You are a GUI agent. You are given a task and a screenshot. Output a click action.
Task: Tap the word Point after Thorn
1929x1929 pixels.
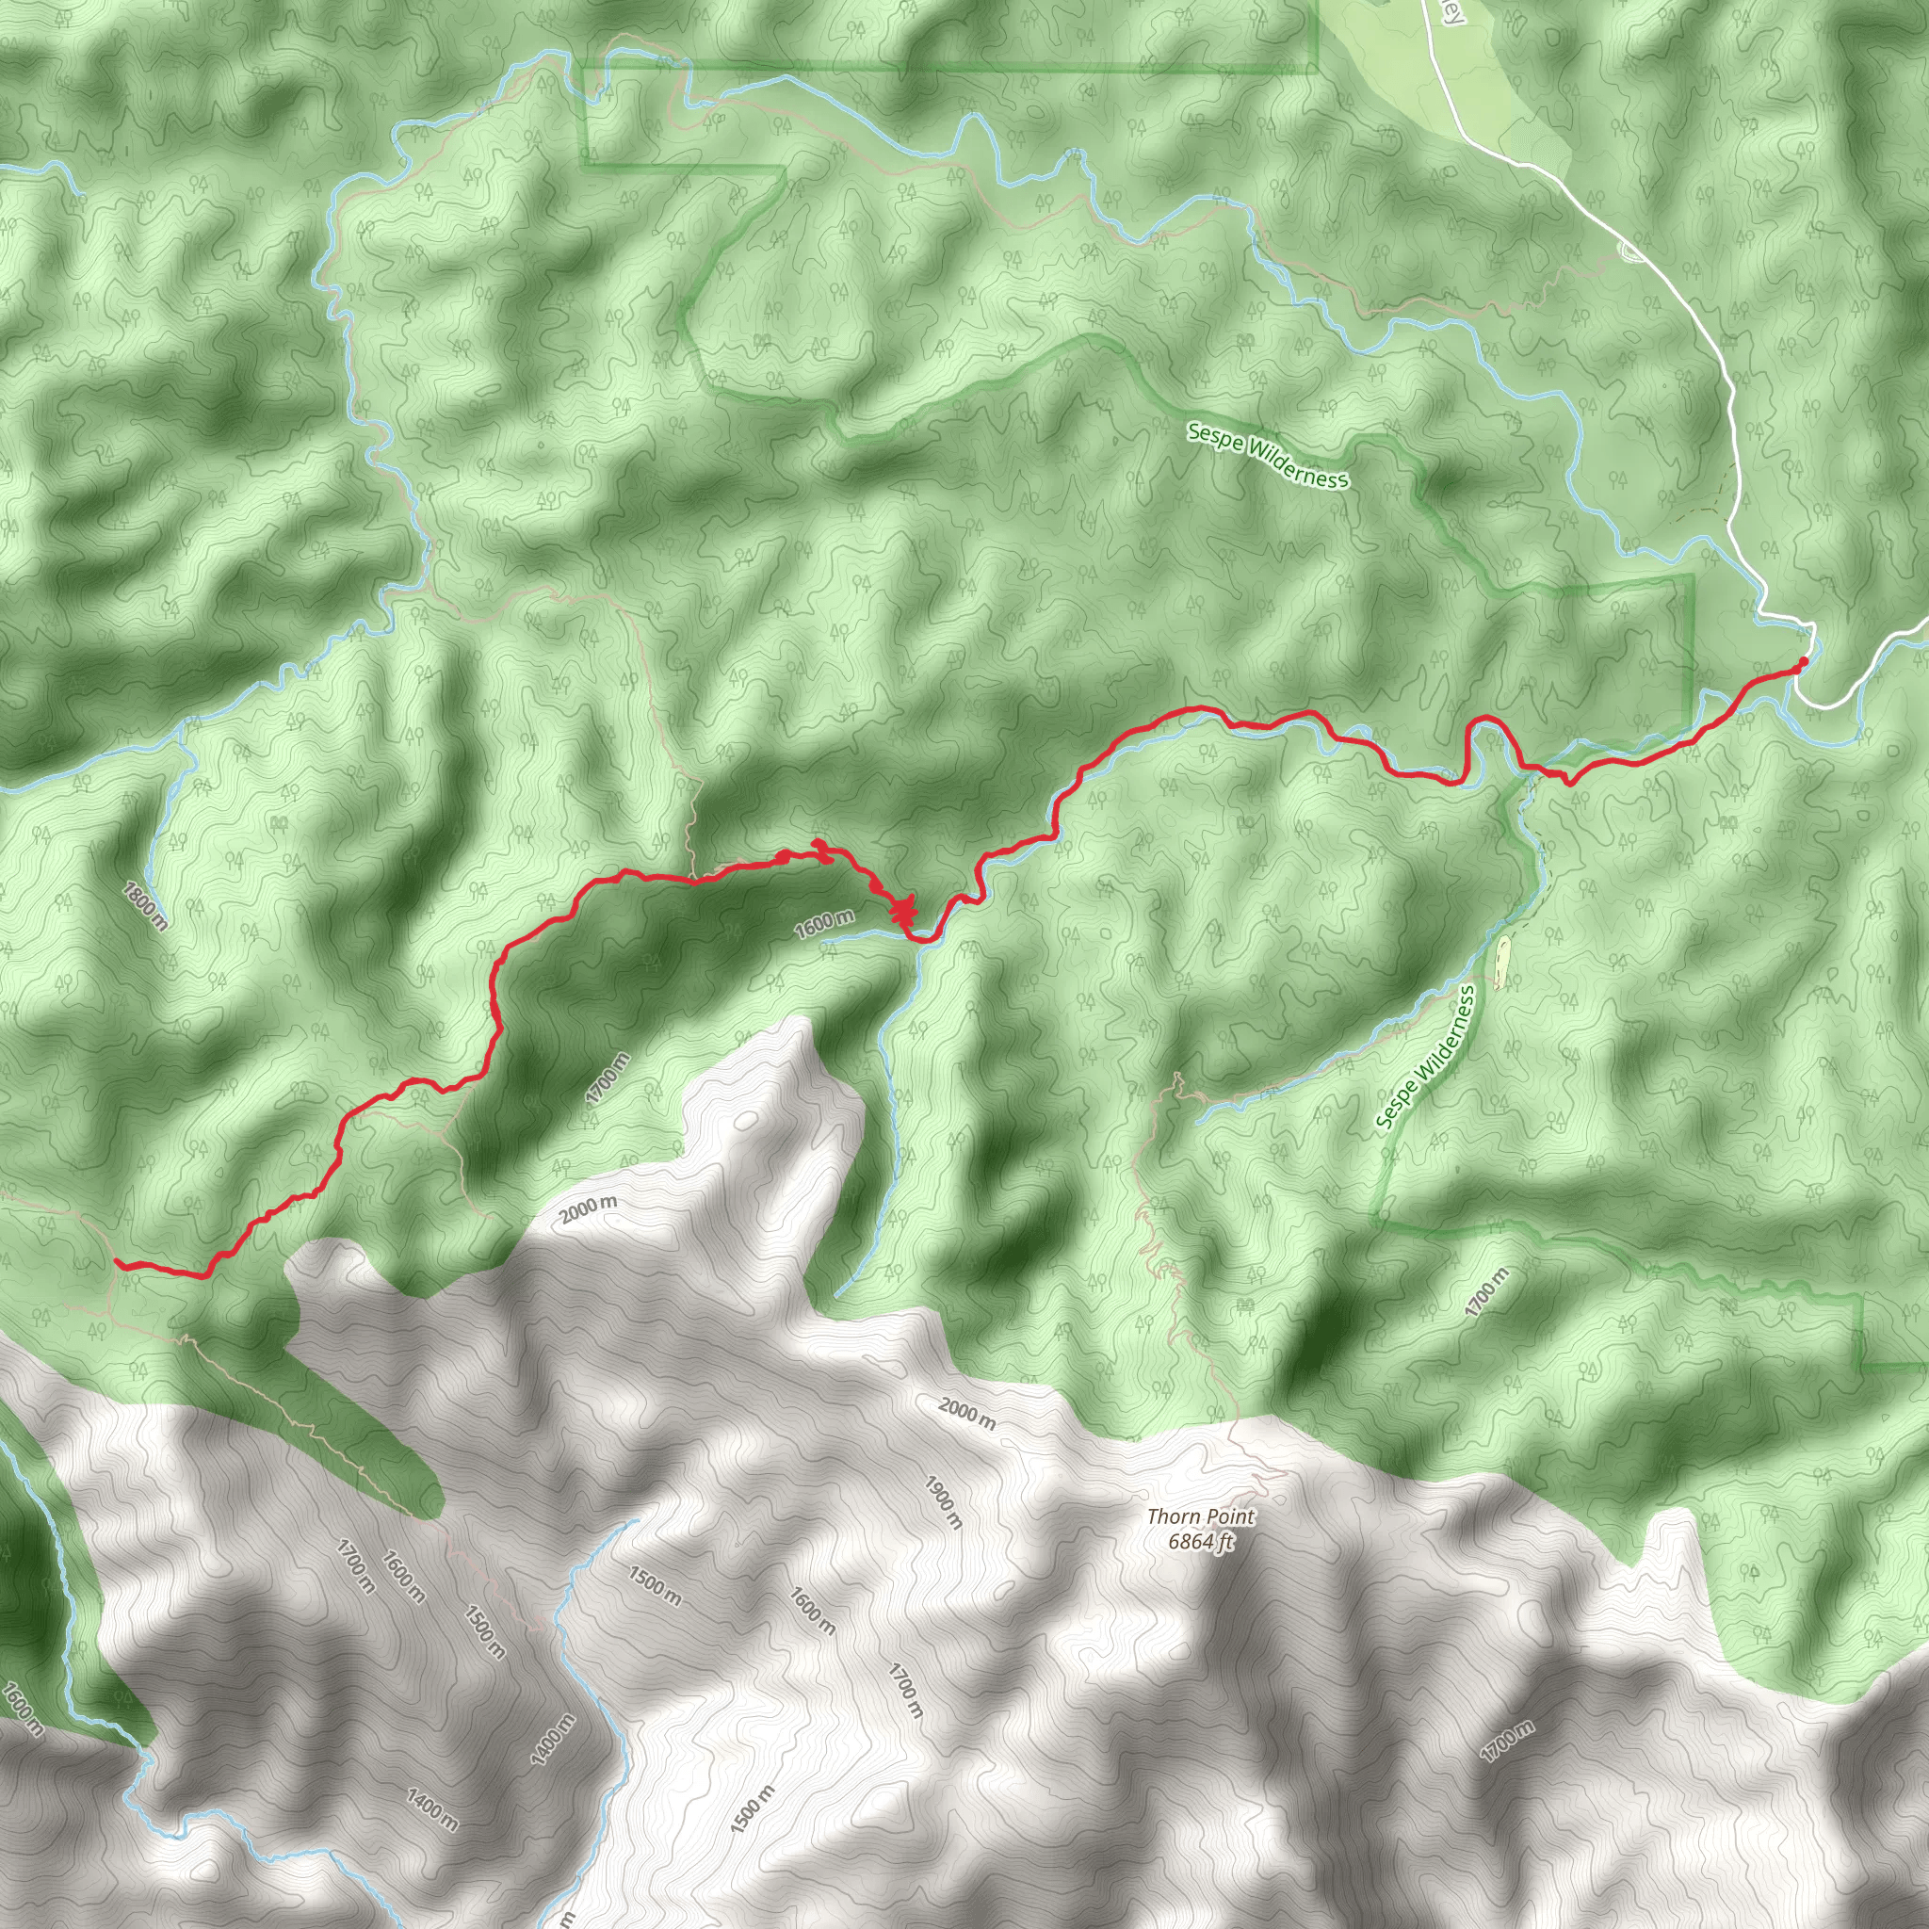pos(1231,1516)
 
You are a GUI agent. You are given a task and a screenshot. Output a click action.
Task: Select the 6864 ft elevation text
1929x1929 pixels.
pos(1201,1542)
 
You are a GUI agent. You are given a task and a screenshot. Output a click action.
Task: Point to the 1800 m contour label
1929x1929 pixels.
pos(146,905)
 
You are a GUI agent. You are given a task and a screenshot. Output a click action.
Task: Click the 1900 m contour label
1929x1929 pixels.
pos(942,1501)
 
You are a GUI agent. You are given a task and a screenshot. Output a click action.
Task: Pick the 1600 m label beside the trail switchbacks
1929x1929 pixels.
pos(825,924)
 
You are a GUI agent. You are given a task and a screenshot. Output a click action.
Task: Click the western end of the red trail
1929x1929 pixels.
pos(119,1263)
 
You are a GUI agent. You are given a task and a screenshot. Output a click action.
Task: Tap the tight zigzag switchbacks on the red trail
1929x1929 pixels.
pos(904,911)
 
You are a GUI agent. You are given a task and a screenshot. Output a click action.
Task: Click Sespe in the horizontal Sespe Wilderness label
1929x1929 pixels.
pos(1211,436)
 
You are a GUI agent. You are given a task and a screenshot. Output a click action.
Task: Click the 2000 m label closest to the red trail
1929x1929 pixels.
pos(588,1210)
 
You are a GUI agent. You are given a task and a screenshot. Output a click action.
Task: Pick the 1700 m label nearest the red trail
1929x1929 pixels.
pos(608,1078)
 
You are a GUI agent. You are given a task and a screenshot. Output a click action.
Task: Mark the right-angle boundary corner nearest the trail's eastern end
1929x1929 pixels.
pos(1694,578)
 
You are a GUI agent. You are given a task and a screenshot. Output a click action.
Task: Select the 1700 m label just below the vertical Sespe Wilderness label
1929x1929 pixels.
pos(1486,1293)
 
